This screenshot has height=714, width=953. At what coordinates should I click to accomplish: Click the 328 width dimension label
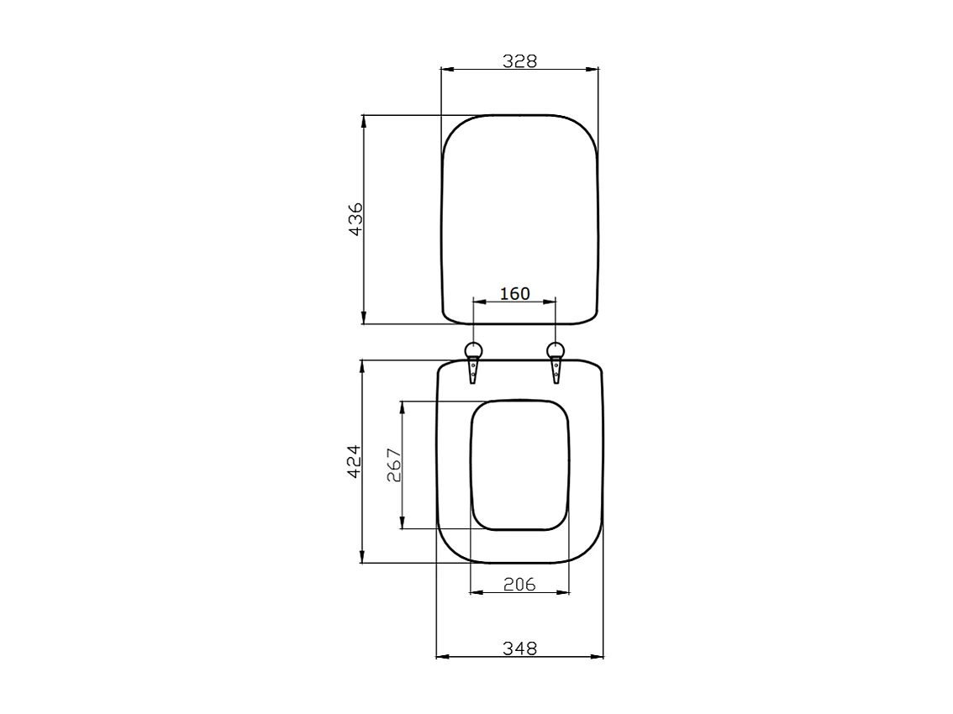click(x=519, y=60)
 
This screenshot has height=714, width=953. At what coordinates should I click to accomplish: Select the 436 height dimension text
click(x=355, y=218)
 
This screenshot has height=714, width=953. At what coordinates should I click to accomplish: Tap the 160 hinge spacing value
click(x=514, y=293)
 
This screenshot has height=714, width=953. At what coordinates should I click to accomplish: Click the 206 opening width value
click(x=519, y=585)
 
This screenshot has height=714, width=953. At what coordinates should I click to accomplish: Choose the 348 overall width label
click(x=519, y=648)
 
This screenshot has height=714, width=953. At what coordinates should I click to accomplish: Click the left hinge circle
click(x=474, y=350)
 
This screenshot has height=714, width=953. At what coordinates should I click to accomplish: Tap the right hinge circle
click(x=555, y=350)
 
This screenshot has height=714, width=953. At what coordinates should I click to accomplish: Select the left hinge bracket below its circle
click(x=474, y=370)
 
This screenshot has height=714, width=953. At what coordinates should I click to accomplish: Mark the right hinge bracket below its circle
click(x=555, y=370)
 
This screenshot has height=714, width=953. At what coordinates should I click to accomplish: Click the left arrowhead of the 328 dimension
click(x=446, y=70)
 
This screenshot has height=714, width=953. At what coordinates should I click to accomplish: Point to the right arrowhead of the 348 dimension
click(x=598, y=657)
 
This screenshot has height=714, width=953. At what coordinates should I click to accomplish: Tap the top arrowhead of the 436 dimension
click(x=364, y=120)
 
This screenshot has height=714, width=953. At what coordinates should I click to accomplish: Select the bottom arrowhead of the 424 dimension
click(x=362, y=558)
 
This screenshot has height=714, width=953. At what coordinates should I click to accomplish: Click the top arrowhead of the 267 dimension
click(x=403, y=405)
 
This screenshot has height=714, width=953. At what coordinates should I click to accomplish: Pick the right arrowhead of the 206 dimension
click(x=564, y=593)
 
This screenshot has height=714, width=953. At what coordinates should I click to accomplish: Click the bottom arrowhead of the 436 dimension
click(x=364, y=318)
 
